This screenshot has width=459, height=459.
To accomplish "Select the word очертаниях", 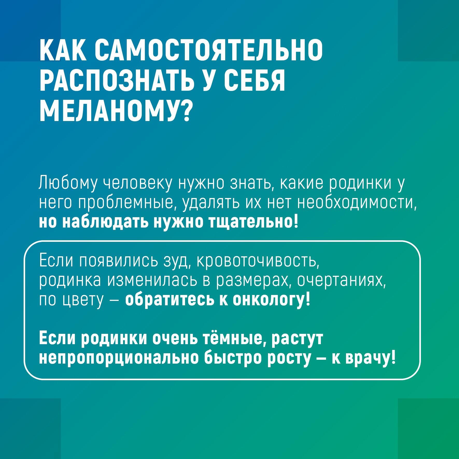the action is coord(341,280).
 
